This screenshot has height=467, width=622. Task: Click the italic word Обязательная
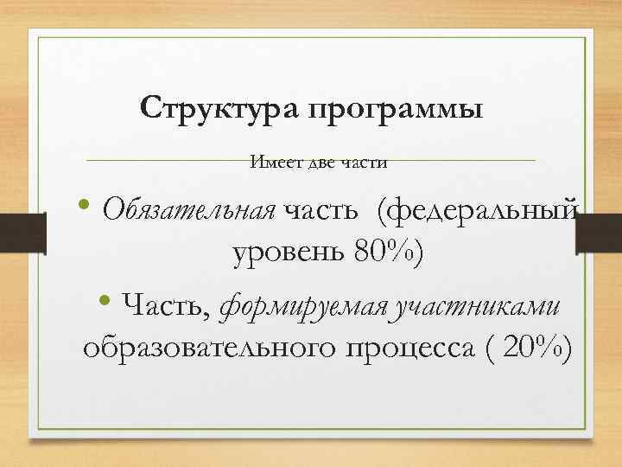[187, 208]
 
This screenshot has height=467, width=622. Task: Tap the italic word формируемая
[306, 305]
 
